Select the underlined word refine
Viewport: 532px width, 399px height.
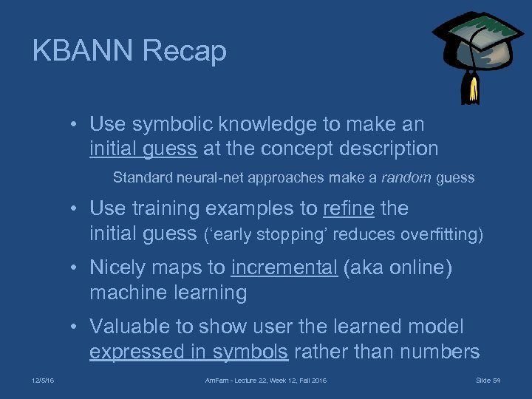(x=349, y=209)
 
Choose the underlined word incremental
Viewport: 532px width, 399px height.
(x=284, y=268)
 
